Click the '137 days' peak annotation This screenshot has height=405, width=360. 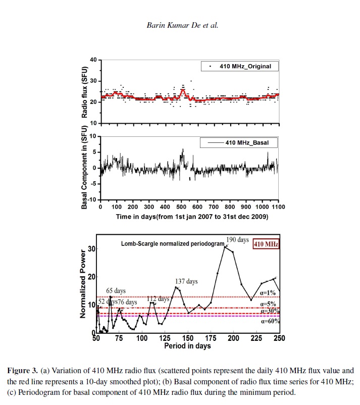186,281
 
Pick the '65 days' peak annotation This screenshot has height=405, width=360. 116,291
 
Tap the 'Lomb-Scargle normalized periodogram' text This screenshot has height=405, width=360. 172,244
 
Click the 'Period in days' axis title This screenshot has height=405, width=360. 187,346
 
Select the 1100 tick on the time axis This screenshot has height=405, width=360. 278,207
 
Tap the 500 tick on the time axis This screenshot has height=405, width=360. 181,207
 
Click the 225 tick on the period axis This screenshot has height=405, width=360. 256,338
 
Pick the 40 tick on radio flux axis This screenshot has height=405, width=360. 92,60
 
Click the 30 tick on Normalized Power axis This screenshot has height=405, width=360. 91,248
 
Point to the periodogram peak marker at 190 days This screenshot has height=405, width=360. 225,246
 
